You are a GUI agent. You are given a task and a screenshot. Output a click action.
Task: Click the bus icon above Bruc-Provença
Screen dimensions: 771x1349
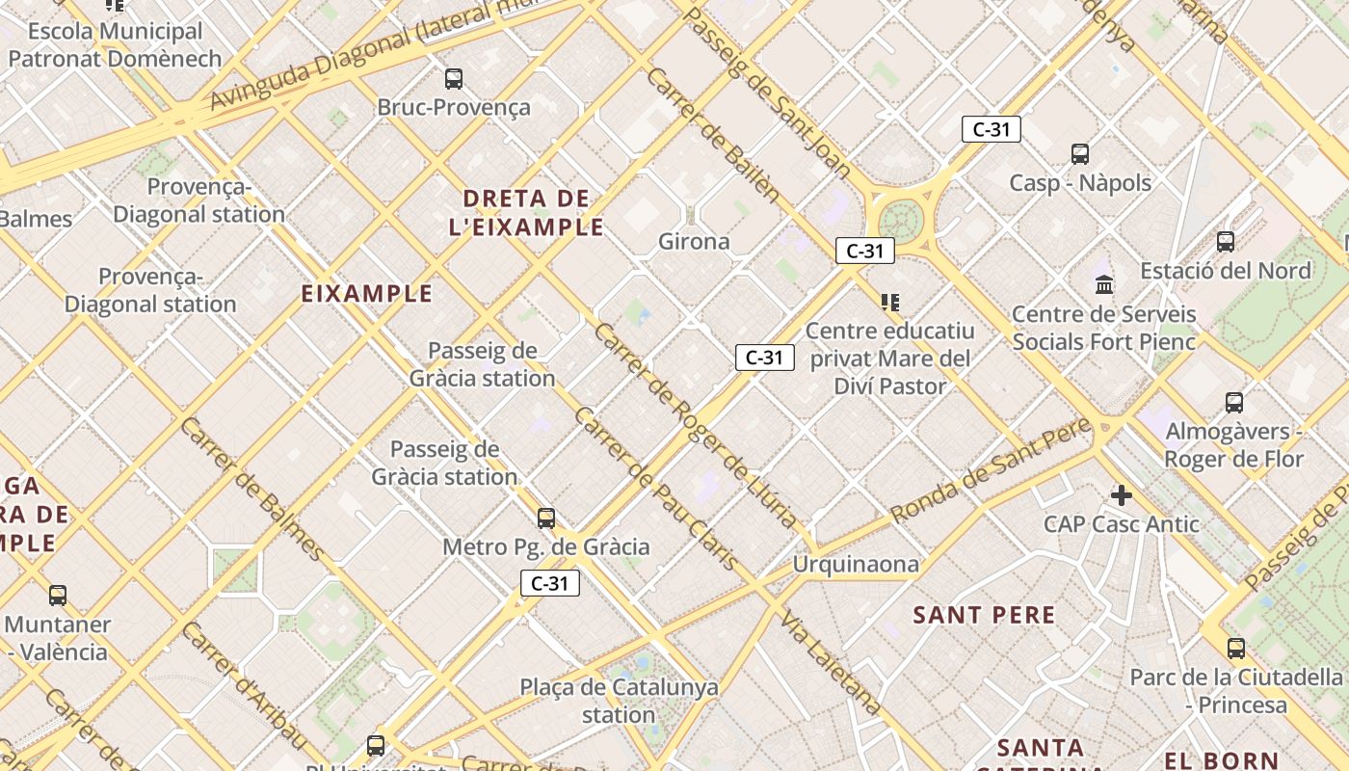click(453, 79)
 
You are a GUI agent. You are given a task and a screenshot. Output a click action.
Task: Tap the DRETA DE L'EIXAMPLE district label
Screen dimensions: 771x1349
click(526, 213)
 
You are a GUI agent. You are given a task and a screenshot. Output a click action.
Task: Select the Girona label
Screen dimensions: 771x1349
click(694, 241)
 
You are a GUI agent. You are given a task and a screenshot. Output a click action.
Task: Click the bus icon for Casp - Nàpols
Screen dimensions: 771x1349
click(1080, 154)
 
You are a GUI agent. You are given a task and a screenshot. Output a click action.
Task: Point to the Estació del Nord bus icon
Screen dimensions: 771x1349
click(1226, 242)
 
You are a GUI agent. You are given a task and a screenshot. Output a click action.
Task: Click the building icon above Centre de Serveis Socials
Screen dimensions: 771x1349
click(1104, 284)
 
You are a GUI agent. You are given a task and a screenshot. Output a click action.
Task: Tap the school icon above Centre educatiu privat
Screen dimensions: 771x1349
click(890, 303)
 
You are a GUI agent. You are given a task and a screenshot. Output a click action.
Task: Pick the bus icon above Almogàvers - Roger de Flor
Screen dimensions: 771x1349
click(1234, 403)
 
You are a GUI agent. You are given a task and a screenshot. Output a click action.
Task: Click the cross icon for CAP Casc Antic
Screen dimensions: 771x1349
click(1122, 495)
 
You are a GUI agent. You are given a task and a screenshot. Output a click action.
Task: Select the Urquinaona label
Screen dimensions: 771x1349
click(856, 564)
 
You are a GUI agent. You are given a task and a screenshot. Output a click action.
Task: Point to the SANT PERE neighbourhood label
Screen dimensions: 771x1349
click(984, 615)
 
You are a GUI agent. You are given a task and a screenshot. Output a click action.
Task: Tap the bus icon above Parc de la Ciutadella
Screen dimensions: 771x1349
click(1236, 649)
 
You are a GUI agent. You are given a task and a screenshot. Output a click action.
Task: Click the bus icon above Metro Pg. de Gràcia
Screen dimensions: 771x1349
click(546, 518)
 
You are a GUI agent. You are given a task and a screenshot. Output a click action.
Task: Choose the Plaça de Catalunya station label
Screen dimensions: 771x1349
click(619, 701)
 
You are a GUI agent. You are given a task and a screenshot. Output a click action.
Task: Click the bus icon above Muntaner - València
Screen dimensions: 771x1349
click(58, 596)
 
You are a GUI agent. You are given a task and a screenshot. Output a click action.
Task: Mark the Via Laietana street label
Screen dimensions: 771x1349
click(831, 663)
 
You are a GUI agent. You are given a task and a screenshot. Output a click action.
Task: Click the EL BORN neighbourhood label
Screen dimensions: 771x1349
click(1221, 761)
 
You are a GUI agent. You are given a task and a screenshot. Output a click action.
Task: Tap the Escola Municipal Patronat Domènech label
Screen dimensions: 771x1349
click(115, 44)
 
